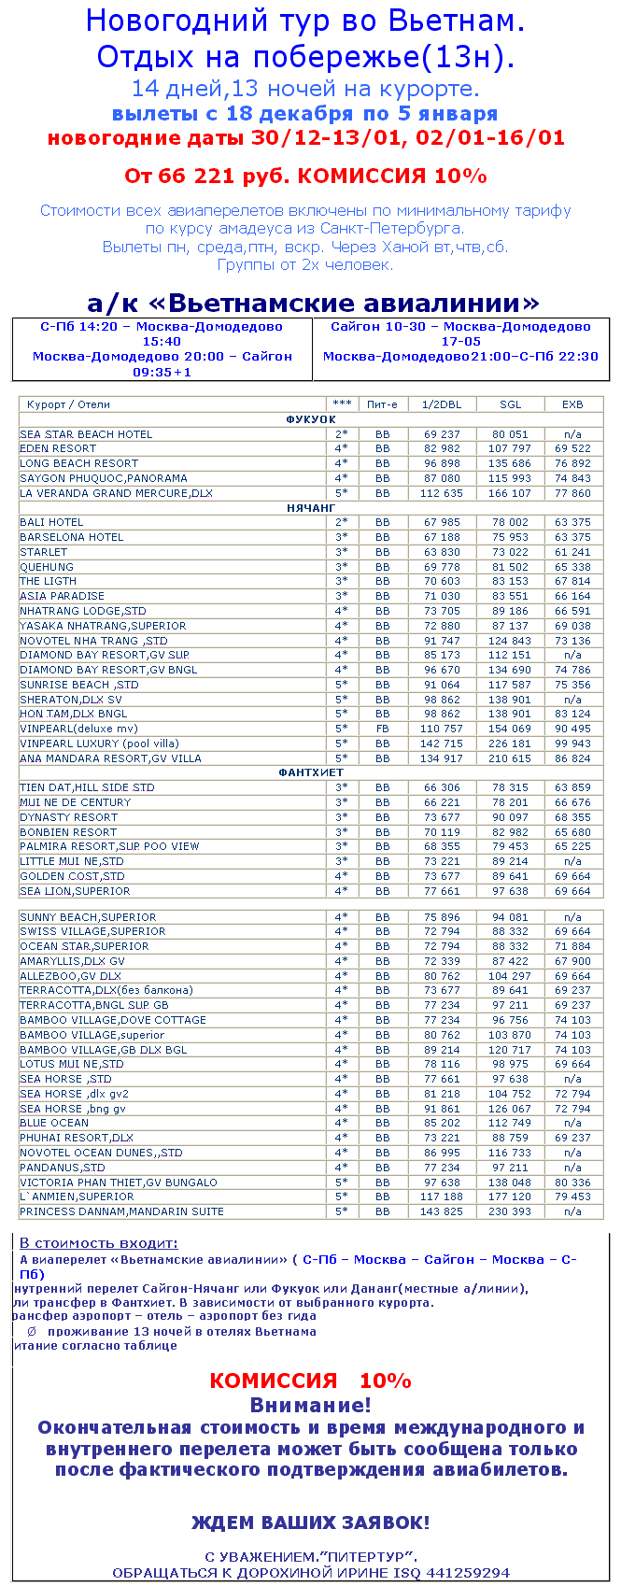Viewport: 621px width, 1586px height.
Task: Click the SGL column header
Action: pos(510,404)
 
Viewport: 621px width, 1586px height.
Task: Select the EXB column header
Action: pos(572,404)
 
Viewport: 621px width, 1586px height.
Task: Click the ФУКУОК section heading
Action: pos(311,419)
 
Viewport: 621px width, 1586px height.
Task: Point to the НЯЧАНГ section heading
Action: pos(311,508)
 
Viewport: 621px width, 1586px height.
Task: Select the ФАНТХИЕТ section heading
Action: pos(311,772)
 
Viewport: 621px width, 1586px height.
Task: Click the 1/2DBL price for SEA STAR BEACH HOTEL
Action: pos(442,434)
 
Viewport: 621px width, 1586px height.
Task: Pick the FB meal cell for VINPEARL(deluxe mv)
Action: pos(383,729)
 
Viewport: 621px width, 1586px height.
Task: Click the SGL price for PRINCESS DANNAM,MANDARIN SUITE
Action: pos(510,1211)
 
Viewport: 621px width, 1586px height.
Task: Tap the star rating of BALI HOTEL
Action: pos(342,522)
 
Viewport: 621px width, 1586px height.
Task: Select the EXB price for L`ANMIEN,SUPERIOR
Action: pos(572,1197)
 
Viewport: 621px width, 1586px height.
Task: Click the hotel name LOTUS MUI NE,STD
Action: pos(72,1064)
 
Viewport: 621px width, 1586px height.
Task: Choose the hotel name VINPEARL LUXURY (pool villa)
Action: pos(99,743)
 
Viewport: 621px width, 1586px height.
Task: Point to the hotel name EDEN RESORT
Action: pos(58,448)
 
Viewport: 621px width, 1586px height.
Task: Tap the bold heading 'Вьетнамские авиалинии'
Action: pos(313,303)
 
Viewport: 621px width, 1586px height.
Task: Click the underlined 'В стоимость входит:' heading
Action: pos(99,1243)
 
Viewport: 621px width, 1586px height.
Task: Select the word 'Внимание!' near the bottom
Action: pos(310,1405)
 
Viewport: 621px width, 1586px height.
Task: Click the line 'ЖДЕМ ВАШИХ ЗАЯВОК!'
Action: pos(310,1522)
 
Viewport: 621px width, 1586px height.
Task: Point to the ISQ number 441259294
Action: pos(467,1573)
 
